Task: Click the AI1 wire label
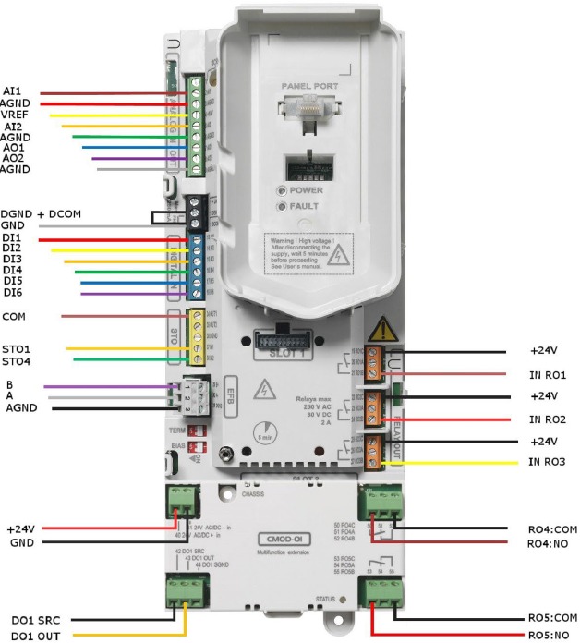tap(12, 91)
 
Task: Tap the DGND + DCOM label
tap(41, 214)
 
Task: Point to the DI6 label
tap(12, 293)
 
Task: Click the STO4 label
tap(16, 361)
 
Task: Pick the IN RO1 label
tap(547, 374)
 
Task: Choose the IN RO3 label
tap(547, 461)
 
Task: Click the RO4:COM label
tap(552, 529)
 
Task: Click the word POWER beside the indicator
tap(307, 190)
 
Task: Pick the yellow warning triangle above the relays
tap(381, 331)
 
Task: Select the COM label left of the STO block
tap(14, 316)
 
